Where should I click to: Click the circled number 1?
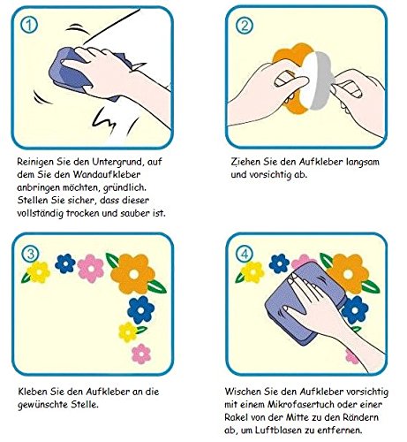(x=29, y=26)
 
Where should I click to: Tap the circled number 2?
(x=244, y=26)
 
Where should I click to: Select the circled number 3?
(x=30, y=254)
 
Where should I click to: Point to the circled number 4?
(x=245, y=254)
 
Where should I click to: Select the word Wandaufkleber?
(x=107, y=174)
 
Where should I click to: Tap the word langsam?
(x=363, y=162)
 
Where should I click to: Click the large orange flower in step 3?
(x=133, y=274)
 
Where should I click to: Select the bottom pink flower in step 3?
(x=141, y=354)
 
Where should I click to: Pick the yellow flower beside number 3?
(x=39, y=272)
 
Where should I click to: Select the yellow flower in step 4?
(x=252, y=272)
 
